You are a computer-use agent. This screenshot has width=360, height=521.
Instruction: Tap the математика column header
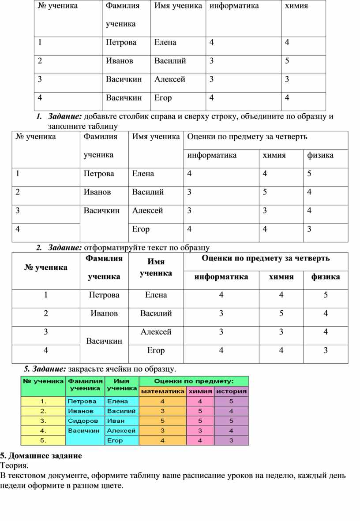[163, 391]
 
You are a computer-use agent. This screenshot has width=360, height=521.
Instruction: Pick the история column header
[232, 391]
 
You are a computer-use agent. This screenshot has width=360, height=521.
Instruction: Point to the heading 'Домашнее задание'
[44, 455]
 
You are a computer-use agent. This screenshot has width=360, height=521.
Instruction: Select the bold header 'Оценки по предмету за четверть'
[266, 258]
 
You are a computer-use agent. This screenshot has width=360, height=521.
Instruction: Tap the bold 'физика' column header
[326, 277]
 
